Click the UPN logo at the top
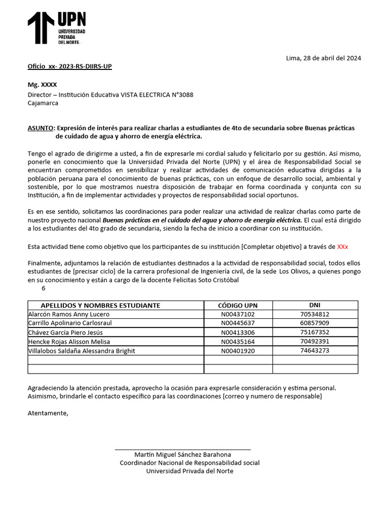[57, 28]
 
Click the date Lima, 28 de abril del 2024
[323, 58]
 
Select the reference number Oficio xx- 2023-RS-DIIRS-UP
[69, 66]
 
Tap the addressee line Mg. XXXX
[42, 85]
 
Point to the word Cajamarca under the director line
[43, 103]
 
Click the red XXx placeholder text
[342, 247]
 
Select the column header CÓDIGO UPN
[238, 305]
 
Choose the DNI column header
[315, 305]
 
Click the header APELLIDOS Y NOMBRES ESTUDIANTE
[100, 305]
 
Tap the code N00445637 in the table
[238, 323]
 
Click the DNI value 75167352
[315, 332]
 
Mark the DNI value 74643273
[315, 350]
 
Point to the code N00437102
[238, 314]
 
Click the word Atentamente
[48, 413]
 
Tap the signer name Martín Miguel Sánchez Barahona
[182, 455]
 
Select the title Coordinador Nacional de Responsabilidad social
[189, 463]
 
